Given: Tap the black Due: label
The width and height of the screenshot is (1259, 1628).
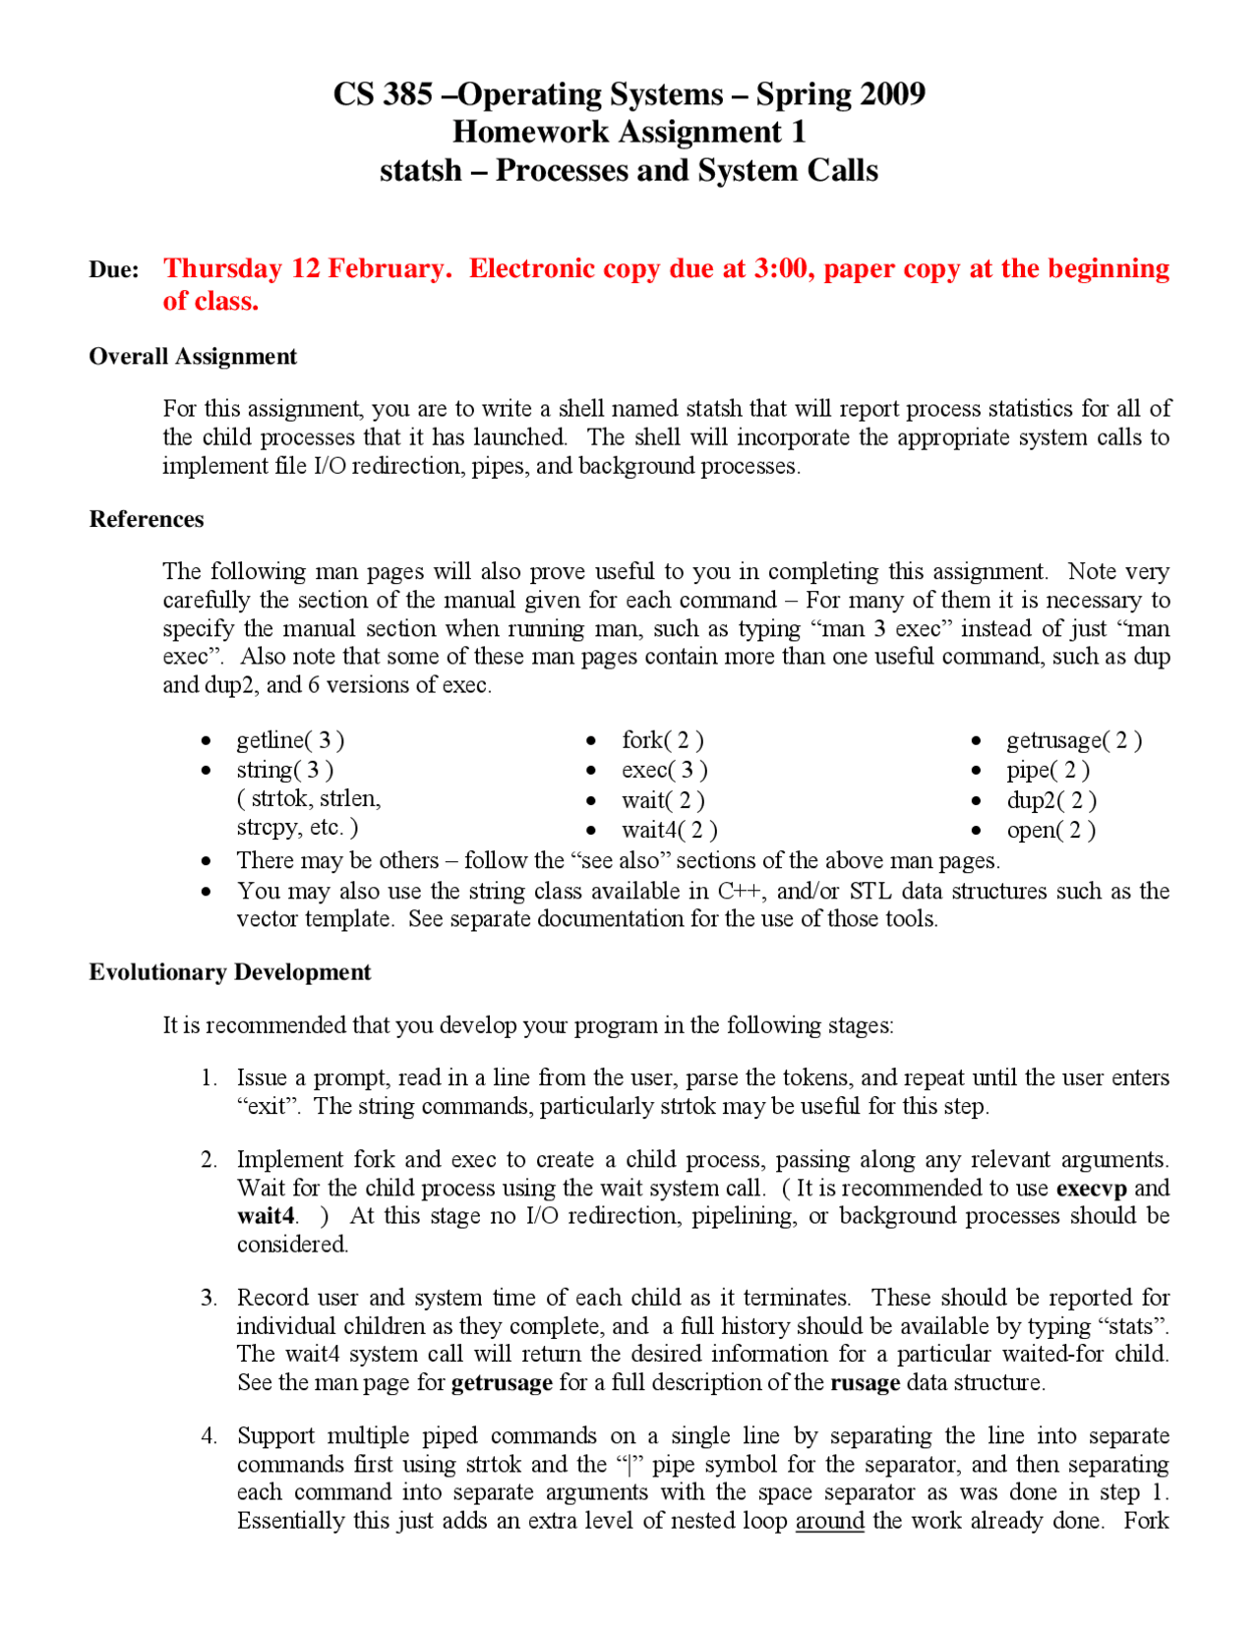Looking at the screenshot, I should click(x=114, y=270).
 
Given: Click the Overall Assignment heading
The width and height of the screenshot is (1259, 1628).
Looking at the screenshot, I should click(x=193, y=357).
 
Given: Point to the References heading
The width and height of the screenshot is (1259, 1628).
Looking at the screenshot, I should click(x=147, y=520).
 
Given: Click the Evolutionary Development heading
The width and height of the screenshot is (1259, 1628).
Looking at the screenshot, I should click(x=230, y=973).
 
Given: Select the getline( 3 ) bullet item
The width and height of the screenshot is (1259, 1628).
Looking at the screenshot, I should click(x=290, y=740).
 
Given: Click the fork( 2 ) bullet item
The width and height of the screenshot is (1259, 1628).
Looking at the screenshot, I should click(x=662, y=740).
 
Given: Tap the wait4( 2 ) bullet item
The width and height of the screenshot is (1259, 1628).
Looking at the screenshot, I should click(x=669, y=831).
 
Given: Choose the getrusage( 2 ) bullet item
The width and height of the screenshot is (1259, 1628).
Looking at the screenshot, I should click(x=1074, y=740).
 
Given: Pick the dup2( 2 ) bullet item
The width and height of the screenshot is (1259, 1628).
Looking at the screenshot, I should click(x=1051, y=801).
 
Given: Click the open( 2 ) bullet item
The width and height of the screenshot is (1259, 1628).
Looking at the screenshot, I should click(x=1050, y=831).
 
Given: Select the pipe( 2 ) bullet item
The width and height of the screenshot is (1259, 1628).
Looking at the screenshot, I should click(x=1048, y=771).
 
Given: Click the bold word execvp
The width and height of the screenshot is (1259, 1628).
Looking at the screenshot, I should click(x=1091, y=1189).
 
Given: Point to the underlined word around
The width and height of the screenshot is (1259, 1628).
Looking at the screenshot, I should click(x=829, y=1522).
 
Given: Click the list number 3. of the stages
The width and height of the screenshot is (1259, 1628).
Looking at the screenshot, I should click(x=209, y=1298).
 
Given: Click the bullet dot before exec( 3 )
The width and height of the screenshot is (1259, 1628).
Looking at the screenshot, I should click(x=591, y=772).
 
